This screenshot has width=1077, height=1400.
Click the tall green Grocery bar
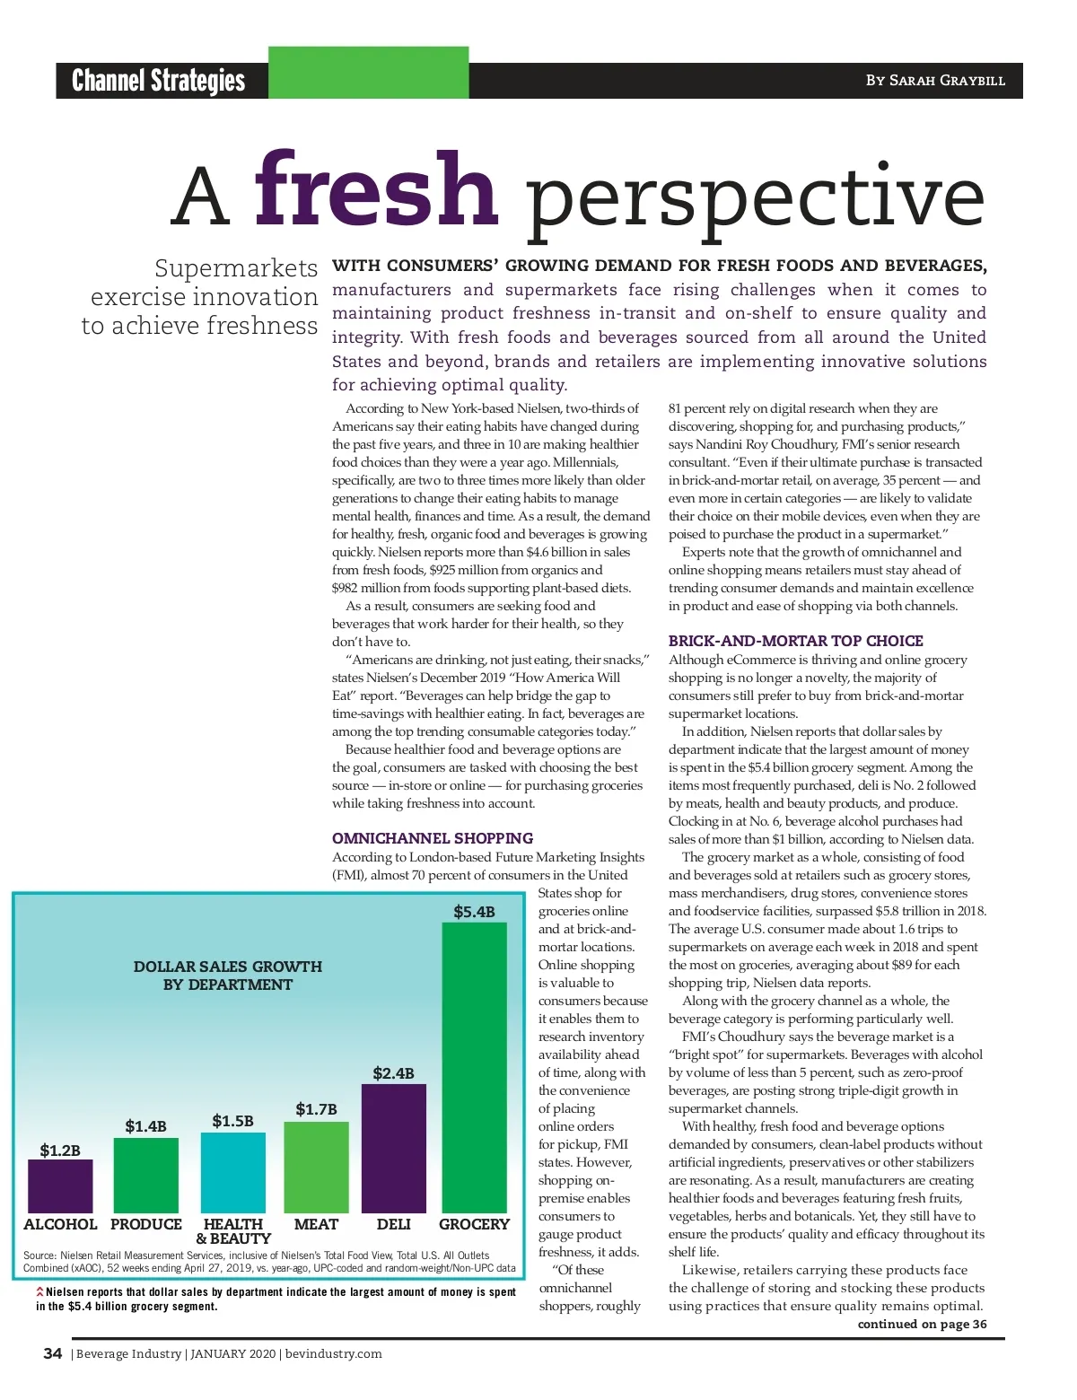pyautogui.click(x=474, y=1068)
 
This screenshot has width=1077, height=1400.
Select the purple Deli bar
pyautogui.click(x=393, y=1149)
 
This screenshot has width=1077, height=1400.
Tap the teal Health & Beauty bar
pyautogui.click(x=232, y=1173)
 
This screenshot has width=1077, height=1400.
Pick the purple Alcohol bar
pyautogui.click(x=60, y=1186)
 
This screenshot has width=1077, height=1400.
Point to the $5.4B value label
pyautogui.click(x=474, y=912)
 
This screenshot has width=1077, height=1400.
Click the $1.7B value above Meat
pyautogui.click(x=316, y=1109)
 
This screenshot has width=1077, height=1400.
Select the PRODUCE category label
pyautogui.click(x=146, y=1224)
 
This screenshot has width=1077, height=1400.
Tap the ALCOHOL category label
pyautogui.click(x=60, y=1224)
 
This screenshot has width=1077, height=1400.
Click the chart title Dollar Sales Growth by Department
pyautogui.click(x=228, y=976)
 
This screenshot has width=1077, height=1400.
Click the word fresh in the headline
pyautogui.click(x=375, y=191)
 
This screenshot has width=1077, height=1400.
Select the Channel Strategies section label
pyautogui.click(x=158, y=81)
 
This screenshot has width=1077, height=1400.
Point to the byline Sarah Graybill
pyautogui.click(x=935, y=81)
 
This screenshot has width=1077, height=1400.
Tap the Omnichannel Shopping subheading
pyautogui.click(x=433, y=838)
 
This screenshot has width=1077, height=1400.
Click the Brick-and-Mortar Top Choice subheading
pyautogui.click(x=795, y=641)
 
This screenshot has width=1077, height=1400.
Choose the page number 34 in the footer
pyautogui.click(x=53, y=1353)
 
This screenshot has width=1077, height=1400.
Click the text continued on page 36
pyautogui.click(x=922, y=1324)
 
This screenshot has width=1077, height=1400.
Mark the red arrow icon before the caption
pyautogui.click(x=39, y=1291)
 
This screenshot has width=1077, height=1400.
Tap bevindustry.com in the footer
pyautogui.click(x=333, y=1353)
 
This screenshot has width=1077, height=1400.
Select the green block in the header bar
pyautogui.click(x=368, y=73)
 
